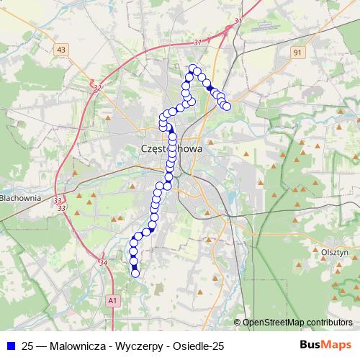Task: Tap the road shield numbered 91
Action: click(x=297, y=52)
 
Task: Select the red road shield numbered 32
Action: click(x=97, y=87)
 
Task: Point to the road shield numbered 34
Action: click(x=103, y=263)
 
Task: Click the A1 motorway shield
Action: click(x=112, y=300)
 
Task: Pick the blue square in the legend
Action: click(x=12, y=346)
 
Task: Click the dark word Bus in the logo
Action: click(x=310, y=346)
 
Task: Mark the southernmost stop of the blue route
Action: click(x=135, y=273)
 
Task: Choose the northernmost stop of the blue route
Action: click(x=192, y=68)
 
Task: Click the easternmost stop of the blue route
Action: click(x=227, y=107)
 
